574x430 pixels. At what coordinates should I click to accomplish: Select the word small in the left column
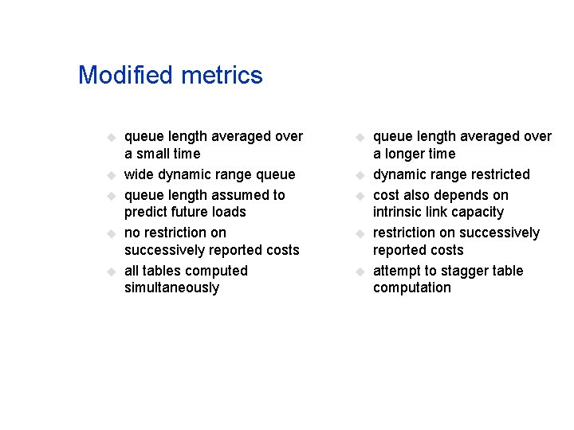coord(153,154)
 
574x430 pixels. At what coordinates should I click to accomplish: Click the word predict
coord(147,213)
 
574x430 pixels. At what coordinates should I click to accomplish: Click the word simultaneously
coord(171,288)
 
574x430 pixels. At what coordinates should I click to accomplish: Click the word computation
coord(412,288)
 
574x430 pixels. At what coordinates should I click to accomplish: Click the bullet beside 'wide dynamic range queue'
coord(112,175)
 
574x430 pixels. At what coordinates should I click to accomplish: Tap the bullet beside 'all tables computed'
coord(112,272)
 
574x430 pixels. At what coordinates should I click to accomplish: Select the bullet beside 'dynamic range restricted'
coord(361,175)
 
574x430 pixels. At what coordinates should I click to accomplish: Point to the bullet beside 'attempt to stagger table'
coord(361,272)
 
